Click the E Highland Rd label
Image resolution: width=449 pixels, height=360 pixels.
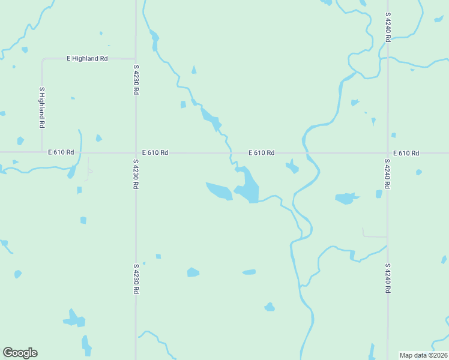click(87, 58)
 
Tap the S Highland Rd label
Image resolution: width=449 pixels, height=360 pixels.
click(42, 107)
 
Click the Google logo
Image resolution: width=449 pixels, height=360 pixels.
click(20, 353)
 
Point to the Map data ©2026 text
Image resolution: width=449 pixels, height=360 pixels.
click(423, 355)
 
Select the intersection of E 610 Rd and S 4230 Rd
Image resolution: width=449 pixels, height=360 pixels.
click(136, 152)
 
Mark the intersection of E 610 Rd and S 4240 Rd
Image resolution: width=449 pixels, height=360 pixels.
click(387, 152)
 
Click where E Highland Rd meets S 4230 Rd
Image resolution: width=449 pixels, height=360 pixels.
click(136, 58)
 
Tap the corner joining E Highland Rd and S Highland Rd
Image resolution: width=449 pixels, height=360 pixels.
click(42, 59)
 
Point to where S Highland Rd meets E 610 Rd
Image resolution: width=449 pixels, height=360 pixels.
click(41, 152)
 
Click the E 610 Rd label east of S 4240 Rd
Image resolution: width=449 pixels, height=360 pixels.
click(406, 153)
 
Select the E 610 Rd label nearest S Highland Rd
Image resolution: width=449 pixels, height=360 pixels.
click(61, 152)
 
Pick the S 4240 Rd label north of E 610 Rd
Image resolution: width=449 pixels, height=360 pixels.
click(388, 26)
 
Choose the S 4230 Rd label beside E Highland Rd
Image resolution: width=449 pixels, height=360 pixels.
click(136, 79)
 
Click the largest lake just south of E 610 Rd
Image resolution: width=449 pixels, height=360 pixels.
click(248, 187)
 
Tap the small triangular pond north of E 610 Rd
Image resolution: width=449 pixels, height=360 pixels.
click(193, 70)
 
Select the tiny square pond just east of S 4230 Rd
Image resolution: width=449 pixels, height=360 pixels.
click(158, 256)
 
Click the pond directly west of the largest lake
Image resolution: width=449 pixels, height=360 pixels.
click(219, 191)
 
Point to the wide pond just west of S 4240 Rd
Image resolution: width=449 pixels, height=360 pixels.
click(345, 198)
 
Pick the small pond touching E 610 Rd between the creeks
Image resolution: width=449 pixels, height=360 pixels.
click(292, 166)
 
